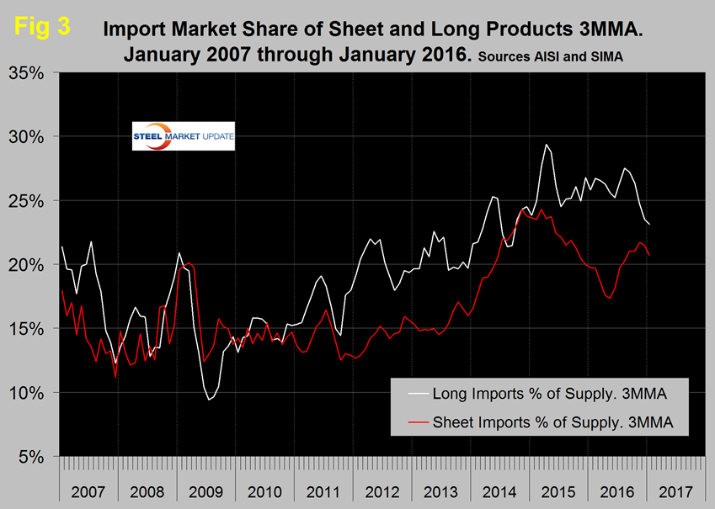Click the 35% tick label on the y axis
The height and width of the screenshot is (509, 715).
[29, 72]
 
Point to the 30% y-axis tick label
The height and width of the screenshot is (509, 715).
[29, 136]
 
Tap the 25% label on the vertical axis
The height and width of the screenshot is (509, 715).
[29, 200]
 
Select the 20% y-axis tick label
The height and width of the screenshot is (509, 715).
[29, 264]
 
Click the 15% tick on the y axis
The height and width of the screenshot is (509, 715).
[29, 328]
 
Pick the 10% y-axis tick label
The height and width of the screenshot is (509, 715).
[29, 393]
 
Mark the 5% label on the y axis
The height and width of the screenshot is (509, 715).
[32, 457]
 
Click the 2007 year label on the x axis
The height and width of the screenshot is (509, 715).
[88, 488]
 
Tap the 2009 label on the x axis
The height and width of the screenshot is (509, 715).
[207, 488]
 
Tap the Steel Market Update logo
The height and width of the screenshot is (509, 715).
[184, 137]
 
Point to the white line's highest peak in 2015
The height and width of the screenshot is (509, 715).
[547, 145]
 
